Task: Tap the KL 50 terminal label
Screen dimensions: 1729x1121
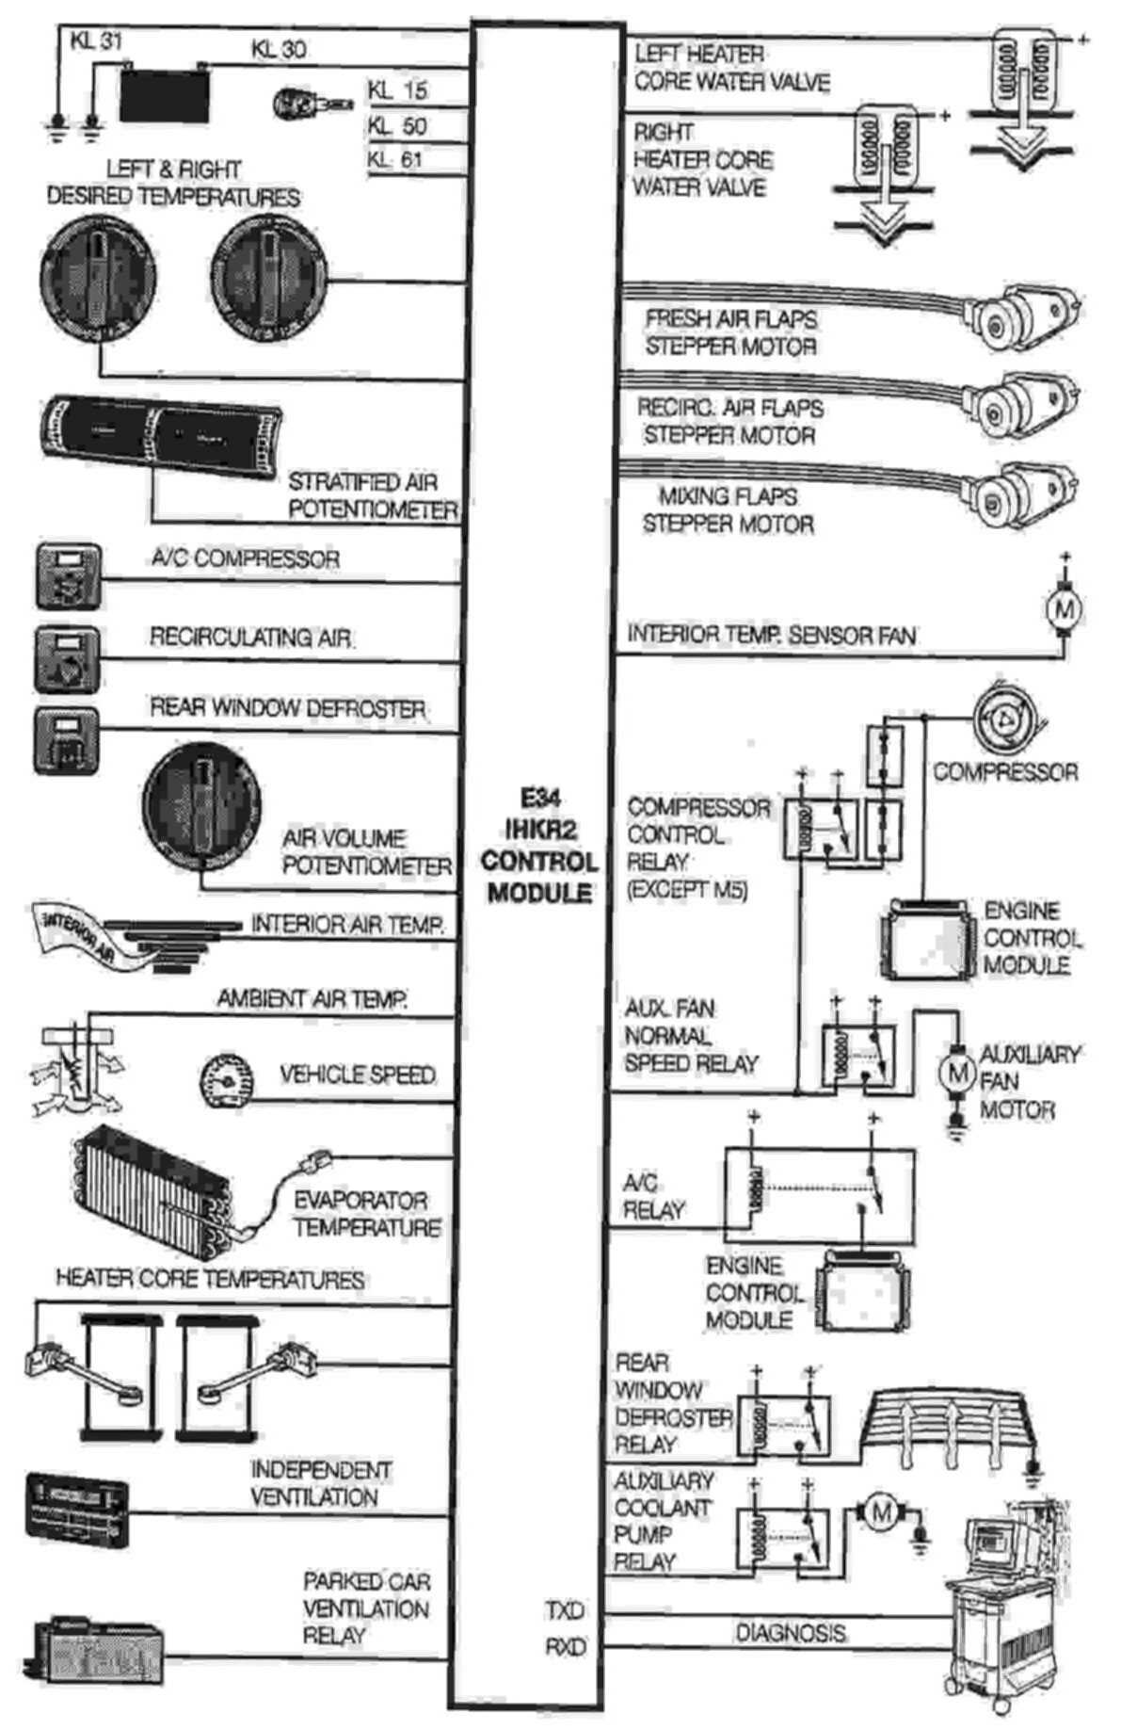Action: (x=397, y=126)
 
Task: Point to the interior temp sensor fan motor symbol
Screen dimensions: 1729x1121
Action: (x=1065, y=609)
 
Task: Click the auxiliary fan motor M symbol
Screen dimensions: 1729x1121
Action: (x=957, y=1073)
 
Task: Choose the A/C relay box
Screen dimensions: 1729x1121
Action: (x=819, y=1195)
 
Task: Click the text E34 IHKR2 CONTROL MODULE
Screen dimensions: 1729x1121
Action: (x=538, y=847)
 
